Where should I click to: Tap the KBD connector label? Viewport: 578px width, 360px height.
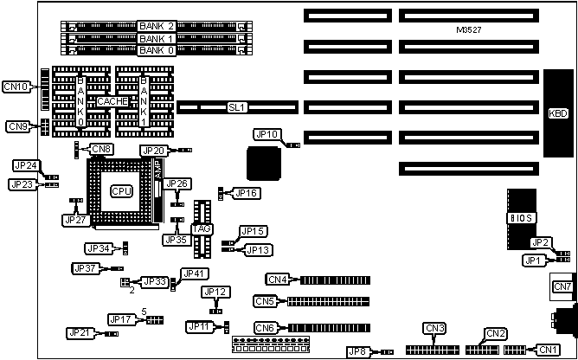(x=558, y=112)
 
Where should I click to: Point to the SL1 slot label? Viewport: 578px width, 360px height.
(x=236, y=107)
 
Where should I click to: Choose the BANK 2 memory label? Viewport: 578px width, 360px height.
(x=157, y=26)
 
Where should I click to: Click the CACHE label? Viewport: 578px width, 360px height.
(x=113, y=101)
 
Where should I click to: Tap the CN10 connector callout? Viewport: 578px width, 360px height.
(x=16, y=86)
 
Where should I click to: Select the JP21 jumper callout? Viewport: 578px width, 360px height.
(x=80, y=332)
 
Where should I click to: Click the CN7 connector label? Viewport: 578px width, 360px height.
(x=562, y=286)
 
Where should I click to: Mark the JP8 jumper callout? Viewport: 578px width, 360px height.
(x=357, y=350)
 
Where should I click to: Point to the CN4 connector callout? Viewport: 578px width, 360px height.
(x=278, y=280)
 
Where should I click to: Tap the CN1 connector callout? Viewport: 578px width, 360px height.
(x=549, y=350)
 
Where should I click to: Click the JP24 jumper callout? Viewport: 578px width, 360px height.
(x=26, y=165)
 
